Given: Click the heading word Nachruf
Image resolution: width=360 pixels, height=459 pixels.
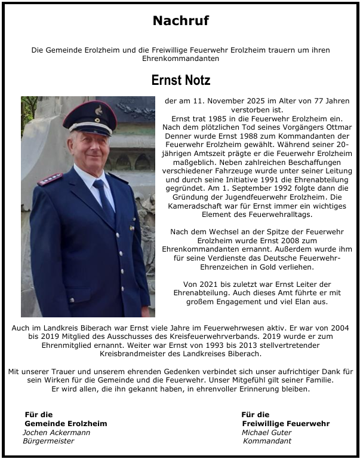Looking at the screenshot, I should pos(180,21).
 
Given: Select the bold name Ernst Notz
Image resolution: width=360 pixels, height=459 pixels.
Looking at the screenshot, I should pos(180,80).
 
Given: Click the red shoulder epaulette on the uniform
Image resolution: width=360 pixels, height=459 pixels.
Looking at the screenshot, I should pos(50,179).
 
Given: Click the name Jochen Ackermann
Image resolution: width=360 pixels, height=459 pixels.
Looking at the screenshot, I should pos(56,432).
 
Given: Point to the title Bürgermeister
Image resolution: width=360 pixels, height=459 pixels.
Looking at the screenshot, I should pos(48,441).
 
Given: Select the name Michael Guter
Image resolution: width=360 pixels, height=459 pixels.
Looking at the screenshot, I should pos(266,432).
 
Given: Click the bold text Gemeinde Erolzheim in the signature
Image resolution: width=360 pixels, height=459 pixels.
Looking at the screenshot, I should pos(66,423).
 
